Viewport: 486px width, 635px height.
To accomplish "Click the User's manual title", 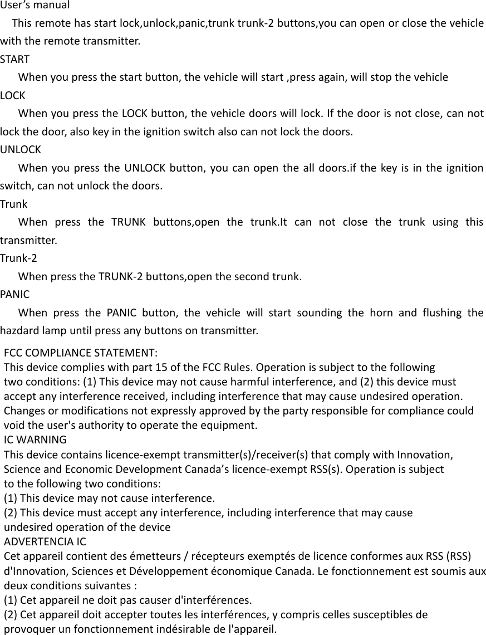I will [35, 6].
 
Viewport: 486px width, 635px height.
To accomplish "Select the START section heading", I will [15, 59].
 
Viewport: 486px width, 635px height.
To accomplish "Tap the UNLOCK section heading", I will [20, 150].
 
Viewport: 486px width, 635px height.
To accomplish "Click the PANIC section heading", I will [15, 294].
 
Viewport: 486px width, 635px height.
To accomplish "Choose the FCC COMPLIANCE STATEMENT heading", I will [80, 354].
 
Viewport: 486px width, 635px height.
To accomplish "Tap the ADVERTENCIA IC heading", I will [45, 541].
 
